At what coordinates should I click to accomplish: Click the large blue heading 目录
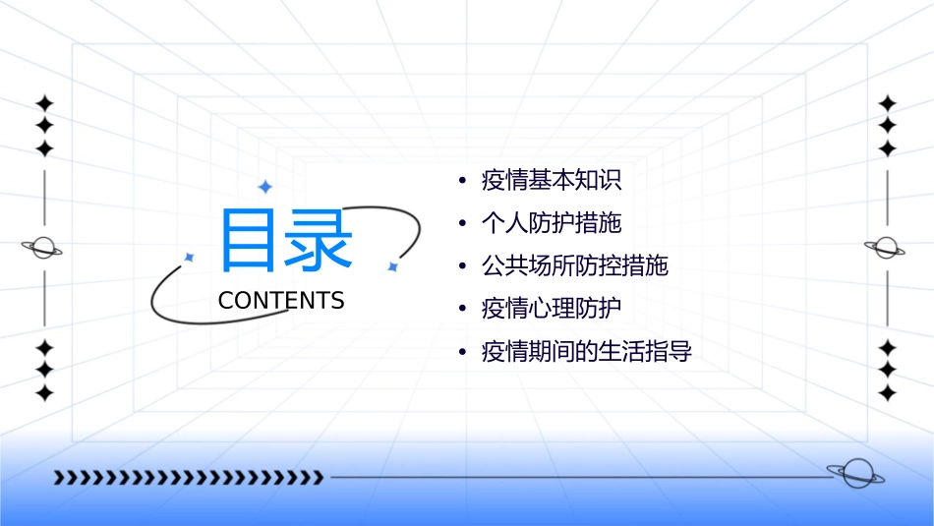point(285,240)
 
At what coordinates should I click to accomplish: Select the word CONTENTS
point(281,301)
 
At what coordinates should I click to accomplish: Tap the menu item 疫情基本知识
point(552,181)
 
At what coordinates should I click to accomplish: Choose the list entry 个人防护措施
point(552,223)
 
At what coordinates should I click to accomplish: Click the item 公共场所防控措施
point(574,265)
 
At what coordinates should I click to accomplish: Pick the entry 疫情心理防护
point(552,309)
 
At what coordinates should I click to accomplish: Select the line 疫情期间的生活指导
point(586,351)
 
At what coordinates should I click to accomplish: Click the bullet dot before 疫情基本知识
point(462,181)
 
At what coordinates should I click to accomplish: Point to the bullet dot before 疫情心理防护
point(462,309)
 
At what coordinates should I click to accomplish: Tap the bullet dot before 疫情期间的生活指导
point(462,352)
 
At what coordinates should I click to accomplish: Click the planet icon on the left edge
point(42,248)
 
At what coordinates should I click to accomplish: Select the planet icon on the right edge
point(886,248)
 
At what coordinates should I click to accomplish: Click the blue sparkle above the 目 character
point(263,187)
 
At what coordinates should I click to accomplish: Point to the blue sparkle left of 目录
point(190,258)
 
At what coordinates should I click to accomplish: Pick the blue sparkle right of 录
point(392,265)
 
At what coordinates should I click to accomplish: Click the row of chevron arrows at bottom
point(188,478)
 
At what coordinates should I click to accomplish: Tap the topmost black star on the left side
point(43,103)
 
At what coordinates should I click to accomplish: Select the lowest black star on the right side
point(888,393)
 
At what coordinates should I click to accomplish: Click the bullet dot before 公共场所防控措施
point(462,266)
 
